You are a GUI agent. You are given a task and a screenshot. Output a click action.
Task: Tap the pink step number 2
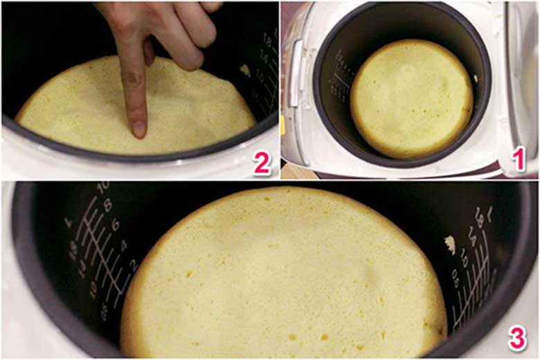261,163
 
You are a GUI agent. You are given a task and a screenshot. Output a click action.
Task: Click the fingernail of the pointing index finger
139,128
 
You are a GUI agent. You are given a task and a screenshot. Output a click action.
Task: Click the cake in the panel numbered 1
411,98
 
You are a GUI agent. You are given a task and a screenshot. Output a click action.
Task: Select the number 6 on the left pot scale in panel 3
116,224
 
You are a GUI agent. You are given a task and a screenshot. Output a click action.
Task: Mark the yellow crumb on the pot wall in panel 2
244,70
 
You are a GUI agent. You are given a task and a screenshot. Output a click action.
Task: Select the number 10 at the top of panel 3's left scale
102,187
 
